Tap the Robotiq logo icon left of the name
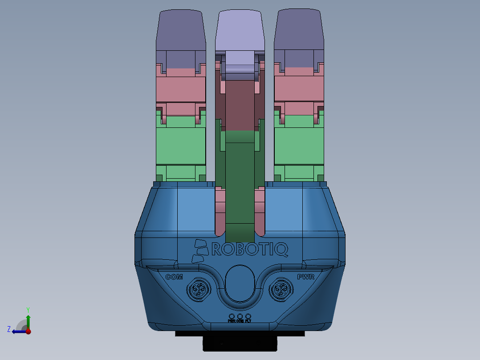(x=200, y=251)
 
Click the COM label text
(x=174, y=277)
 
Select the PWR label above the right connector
(x=306, y=277)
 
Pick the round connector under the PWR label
(x=281, y=291)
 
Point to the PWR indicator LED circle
(x=232, y=316)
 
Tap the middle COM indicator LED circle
(x=240, y=316)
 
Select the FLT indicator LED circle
(x=248, y=316)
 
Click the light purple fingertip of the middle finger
(x=240, y=31)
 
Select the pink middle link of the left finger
(x=180, y=89)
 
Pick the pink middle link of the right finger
(x=299, y=89)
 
